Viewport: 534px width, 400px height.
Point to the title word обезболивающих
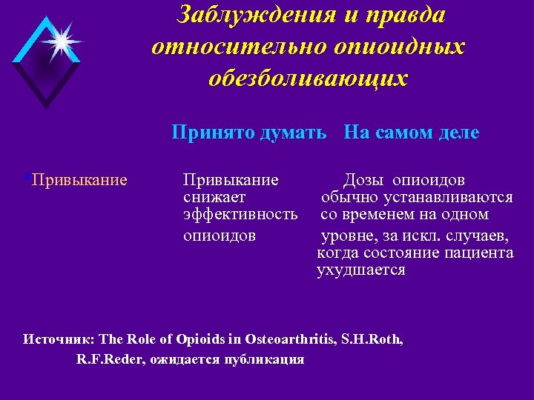point(309,79)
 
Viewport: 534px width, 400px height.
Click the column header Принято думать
point(248,133)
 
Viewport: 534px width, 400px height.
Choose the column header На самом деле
point(412,133)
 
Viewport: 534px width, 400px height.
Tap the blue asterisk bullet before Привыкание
point(27,179)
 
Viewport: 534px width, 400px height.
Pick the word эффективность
point(240,215)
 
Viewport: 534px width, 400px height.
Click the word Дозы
point(364,180)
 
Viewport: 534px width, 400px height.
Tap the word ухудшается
point(361,270)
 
